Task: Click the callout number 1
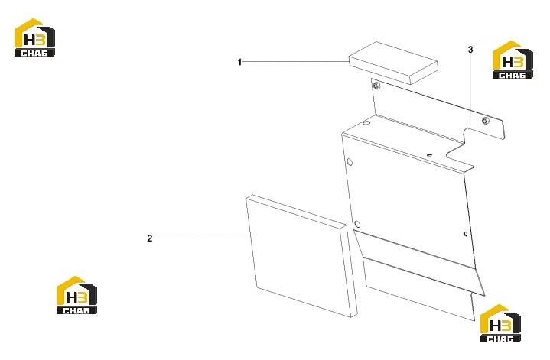pos(239,62)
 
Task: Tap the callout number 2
pos(150,238)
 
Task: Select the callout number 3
pos(470,50)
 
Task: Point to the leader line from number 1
pos(295,62)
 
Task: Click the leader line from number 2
pos(202,238)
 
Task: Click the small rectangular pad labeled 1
pos(393,63)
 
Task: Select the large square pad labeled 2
pos(301,256)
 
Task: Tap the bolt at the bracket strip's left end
pos(376,85)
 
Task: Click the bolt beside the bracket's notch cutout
pos(486,121)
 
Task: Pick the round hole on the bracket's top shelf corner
pos(366,123)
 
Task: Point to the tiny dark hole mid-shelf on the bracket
pos(428,154)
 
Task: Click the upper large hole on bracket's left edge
pos(350,162)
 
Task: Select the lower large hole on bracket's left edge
pos(357,225)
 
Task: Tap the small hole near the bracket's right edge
pos(465,234)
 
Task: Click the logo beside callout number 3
pos(513,60)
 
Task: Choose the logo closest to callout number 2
pos(76,295)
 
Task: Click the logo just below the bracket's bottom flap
pos(500,323)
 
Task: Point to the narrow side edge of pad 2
pos(348,271)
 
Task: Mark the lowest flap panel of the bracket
pos(418,289)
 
